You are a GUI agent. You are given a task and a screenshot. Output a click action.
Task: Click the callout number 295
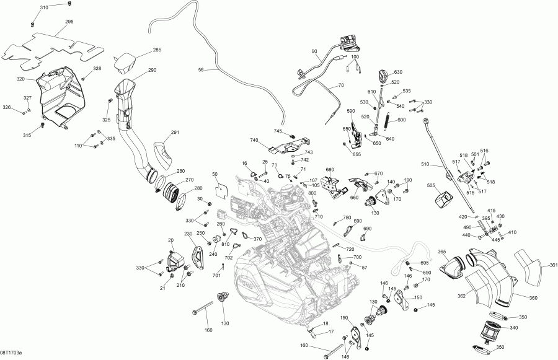(x=69, y=22)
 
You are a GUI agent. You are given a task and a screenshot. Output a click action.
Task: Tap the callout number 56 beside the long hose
(x=200, y=71)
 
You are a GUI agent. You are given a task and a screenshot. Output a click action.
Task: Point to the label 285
(x=157, y=50)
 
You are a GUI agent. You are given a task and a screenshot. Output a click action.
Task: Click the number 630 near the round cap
(x=398, y=72)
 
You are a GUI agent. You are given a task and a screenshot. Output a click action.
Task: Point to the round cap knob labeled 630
(x=383, y=76)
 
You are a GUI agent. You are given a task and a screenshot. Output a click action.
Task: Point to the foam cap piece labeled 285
(x=127, y=61)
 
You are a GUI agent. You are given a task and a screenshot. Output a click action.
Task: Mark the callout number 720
(x=350, y=249)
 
